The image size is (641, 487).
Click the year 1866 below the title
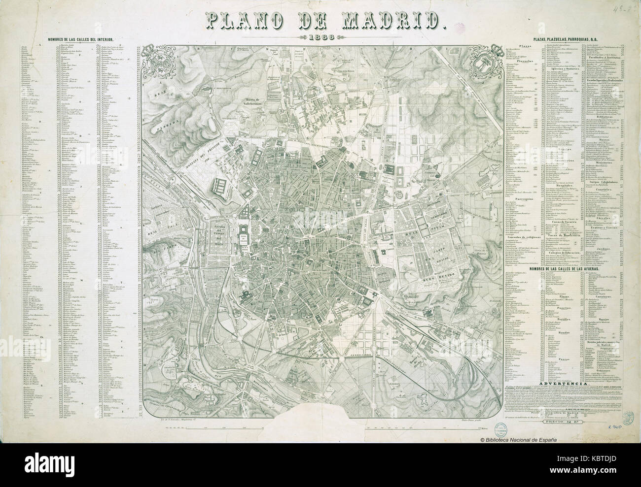pos(320,37)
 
